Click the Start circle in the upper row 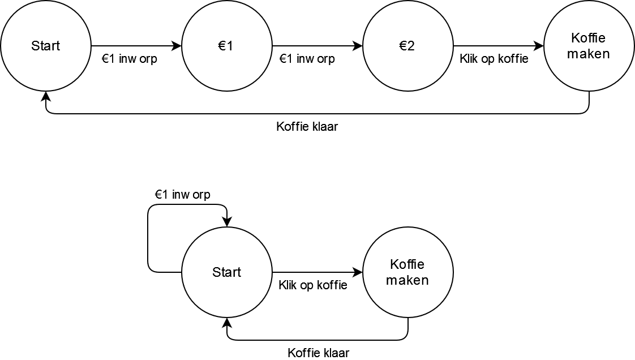pos(45,46)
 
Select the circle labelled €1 pos(226,46)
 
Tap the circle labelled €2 pos(407,46)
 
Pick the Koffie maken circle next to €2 pos(589,46)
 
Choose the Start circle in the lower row pos(226,272)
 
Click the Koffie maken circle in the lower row pos(407,272)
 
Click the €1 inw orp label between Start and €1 pos(129,58)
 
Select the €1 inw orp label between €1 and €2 pos(307,58)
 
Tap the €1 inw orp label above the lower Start pos(183,195)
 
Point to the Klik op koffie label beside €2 pos(494,58)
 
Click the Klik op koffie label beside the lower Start pos(313,285)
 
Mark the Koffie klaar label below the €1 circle pos(307,126)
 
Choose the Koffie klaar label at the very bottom pos(319,353)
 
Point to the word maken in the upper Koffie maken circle pos(589,54)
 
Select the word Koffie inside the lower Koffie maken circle pos(407,264)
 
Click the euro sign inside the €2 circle pos(403,46)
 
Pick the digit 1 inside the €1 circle pos(230,46)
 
